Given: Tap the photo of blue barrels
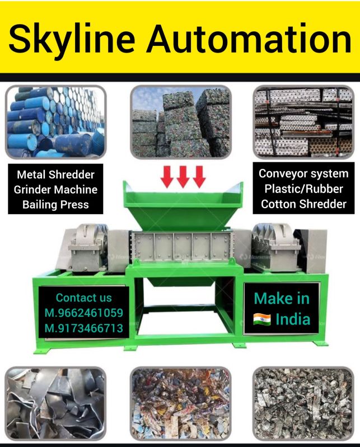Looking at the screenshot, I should (55, 121).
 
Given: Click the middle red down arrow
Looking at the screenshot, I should (183, 177).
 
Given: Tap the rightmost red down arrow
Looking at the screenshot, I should (199, 177).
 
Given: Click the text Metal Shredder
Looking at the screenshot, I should (55, 175).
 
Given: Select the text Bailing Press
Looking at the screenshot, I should (55, 205).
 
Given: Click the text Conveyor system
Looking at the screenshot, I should (303, 173).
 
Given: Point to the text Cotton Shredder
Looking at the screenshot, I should (303, 204).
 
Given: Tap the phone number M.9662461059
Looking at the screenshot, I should (83, 313).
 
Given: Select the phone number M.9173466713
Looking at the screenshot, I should (83, 328).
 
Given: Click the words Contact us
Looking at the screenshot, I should (83, 298).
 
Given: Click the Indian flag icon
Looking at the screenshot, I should (262, 319).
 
